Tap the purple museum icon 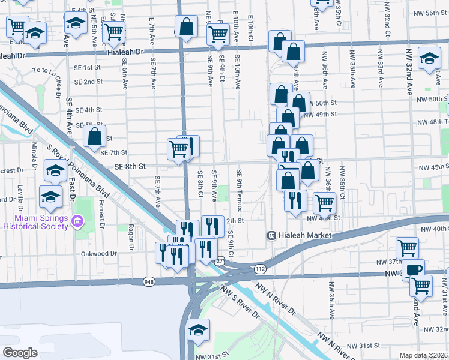76,222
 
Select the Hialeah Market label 304,236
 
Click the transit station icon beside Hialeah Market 271,236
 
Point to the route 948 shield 149,281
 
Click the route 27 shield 220,261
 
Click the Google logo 20,352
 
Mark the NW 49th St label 320,114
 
